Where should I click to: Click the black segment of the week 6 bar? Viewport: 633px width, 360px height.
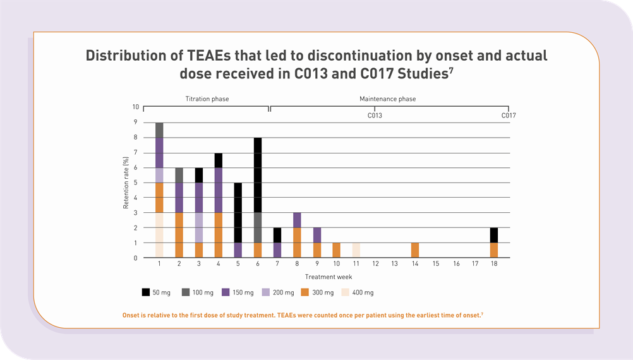pos(257,175)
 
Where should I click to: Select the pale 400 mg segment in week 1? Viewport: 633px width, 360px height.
pos(159,235)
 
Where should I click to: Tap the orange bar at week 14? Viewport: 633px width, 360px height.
pos(414,250)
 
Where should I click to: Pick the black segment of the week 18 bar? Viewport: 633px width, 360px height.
pos(493,235)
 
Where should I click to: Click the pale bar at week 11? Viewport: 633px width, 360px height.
pos(356,250)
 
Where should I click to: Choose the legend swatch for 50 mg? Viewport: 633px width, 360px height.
pos(145,292)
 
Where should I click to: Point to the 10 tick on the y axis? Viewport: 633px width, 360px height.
pos(135,107)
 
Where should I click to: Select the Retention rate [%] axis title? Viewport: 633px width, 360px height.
pos(126,183)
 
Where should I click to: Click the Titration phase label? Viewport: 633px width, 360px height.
pos(207,99)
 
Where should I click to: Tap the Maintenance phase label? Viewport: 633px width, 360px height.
pos(387,99)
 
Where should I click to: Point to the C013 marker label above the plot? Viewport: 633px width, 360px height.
pos(375,116)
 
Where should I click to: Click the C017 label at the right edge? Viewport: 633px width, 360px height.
pos(508,116)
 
